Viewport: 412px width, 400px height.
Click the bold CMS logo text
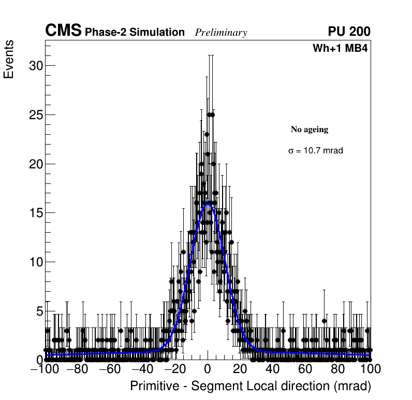click(x=63, y=31)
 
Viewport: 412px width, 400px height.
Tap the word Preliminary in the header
click(x=221, y=33)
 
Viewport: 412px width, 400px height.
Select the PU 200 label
click(x=349, y=32)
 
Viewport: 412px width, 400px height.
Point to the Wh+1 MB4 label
click(x=340, y=49)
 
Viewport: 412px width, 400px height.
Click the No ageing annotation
click(x=310, y=130)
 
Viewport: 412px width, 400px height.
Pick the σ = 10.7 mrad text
click(x=315, y=151)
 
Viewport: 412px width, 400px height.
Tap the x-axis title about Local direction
click(x=251, y=387)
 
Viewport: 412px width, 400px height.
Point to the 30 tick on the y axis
click(x=34, y=66)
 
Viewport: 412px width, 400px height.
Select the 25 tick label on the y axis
click(x=34, y=115)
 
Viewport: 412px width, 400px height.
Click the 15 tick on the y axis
click(x=34, y=213)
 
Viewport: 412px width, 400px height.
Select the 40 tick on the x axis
click(x=273, y=369)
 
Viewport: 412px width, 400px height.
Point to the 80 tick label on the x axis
click(x=338, y=369)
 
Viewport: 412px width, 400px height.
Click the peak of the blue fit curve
click(x=208, y=203)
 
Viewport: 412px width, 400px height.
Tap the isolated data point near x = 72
click(x=325, y=320)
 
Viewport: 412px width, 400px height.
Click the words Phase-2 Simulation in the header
click(x=135, y=33)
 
